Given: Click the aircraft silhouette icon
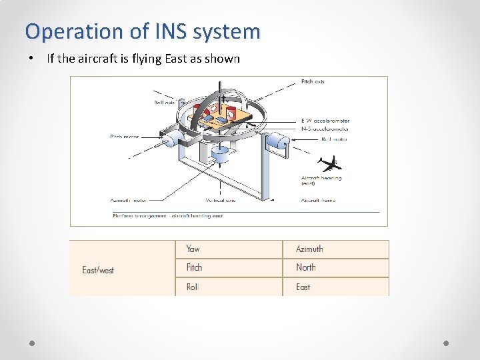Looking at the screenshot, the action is [329, 163].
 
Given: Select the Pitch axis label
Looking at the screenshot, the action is [313, 82].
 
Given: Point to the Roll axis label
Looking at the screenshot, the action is [165, 103].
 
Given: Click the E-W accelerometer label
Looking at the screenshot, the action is [325, 121].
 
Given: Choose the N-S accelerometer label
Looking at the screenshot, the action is [325, 128].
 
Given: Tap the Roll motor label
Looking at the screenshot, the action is [334, 139].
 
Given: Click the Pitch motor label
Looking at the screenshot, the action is [125, 137].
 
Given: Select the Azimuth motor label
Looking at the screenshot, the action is [129, 200].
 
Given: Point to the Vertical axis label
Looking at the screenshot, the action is [221, 200].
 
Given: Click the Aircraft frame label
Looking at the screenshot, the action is [318, 200].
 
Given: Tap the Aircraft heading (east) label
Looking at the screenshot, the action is [321, 181].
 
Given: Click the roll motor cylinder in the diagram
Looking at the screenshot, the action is [276, 141].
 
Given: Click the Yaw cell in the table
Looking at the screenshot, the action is [193, 249].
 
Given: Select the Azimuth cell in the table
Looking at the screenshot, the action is [309, 249].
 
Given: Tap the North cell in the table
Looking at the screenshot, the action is [306, 267].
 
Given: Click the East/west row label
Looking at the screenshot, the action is [98, 270].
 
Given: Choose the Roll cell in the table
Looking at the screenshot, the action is [193, 287].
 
